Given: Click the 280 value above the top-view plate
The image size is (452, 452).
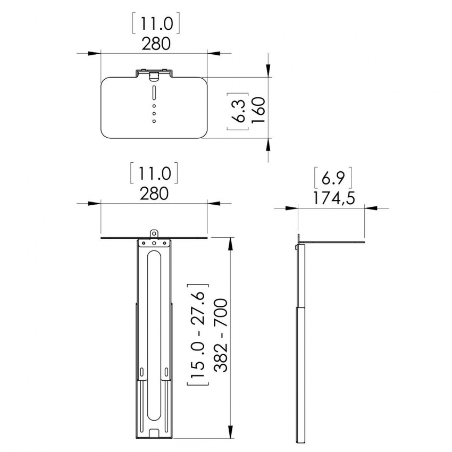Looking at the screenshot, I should (x=155, y=43).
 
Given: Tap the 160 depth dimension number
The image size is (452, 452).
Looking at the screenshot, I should (x=258, y=110).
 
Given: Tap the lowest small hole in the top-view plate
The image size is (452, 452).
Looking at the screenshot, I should (x=154, y=121).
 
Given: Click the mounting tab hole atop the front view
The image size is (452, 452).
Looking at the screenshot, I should (x=154, y=232).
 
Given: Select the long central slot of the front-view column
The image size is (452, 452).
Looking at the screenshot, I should (x=154, y=335).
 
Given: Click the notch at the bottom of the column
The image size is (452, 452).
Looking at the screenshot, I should (x=154, y=433).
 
